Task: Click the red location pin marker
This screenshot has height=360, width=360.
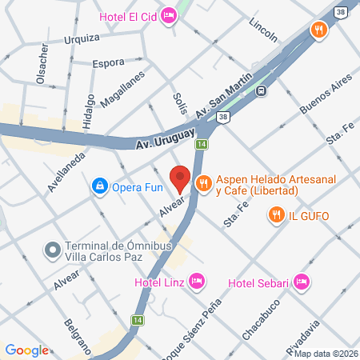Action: click(x=180, y=178)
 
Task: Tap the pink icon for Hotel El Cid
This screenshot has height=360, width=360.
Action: click(x=168, y=15)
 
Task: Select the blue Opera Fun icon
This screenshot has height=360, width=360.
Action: click(x=99, y=186)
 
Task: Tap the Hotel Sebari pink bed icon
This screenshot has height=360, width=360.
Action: click(x=301, y=282)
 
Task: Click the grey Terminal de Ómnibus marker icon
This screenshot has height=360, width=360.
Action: click(x=53, y=250)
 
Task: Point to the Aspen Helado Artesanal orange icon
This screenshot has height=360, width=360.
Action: click(x=203, y=183)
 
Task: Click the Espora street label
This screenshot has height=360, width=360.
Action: click(x=108, y=62)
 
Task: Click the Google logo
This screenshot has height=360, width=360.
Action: click(x=26, y=350)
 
